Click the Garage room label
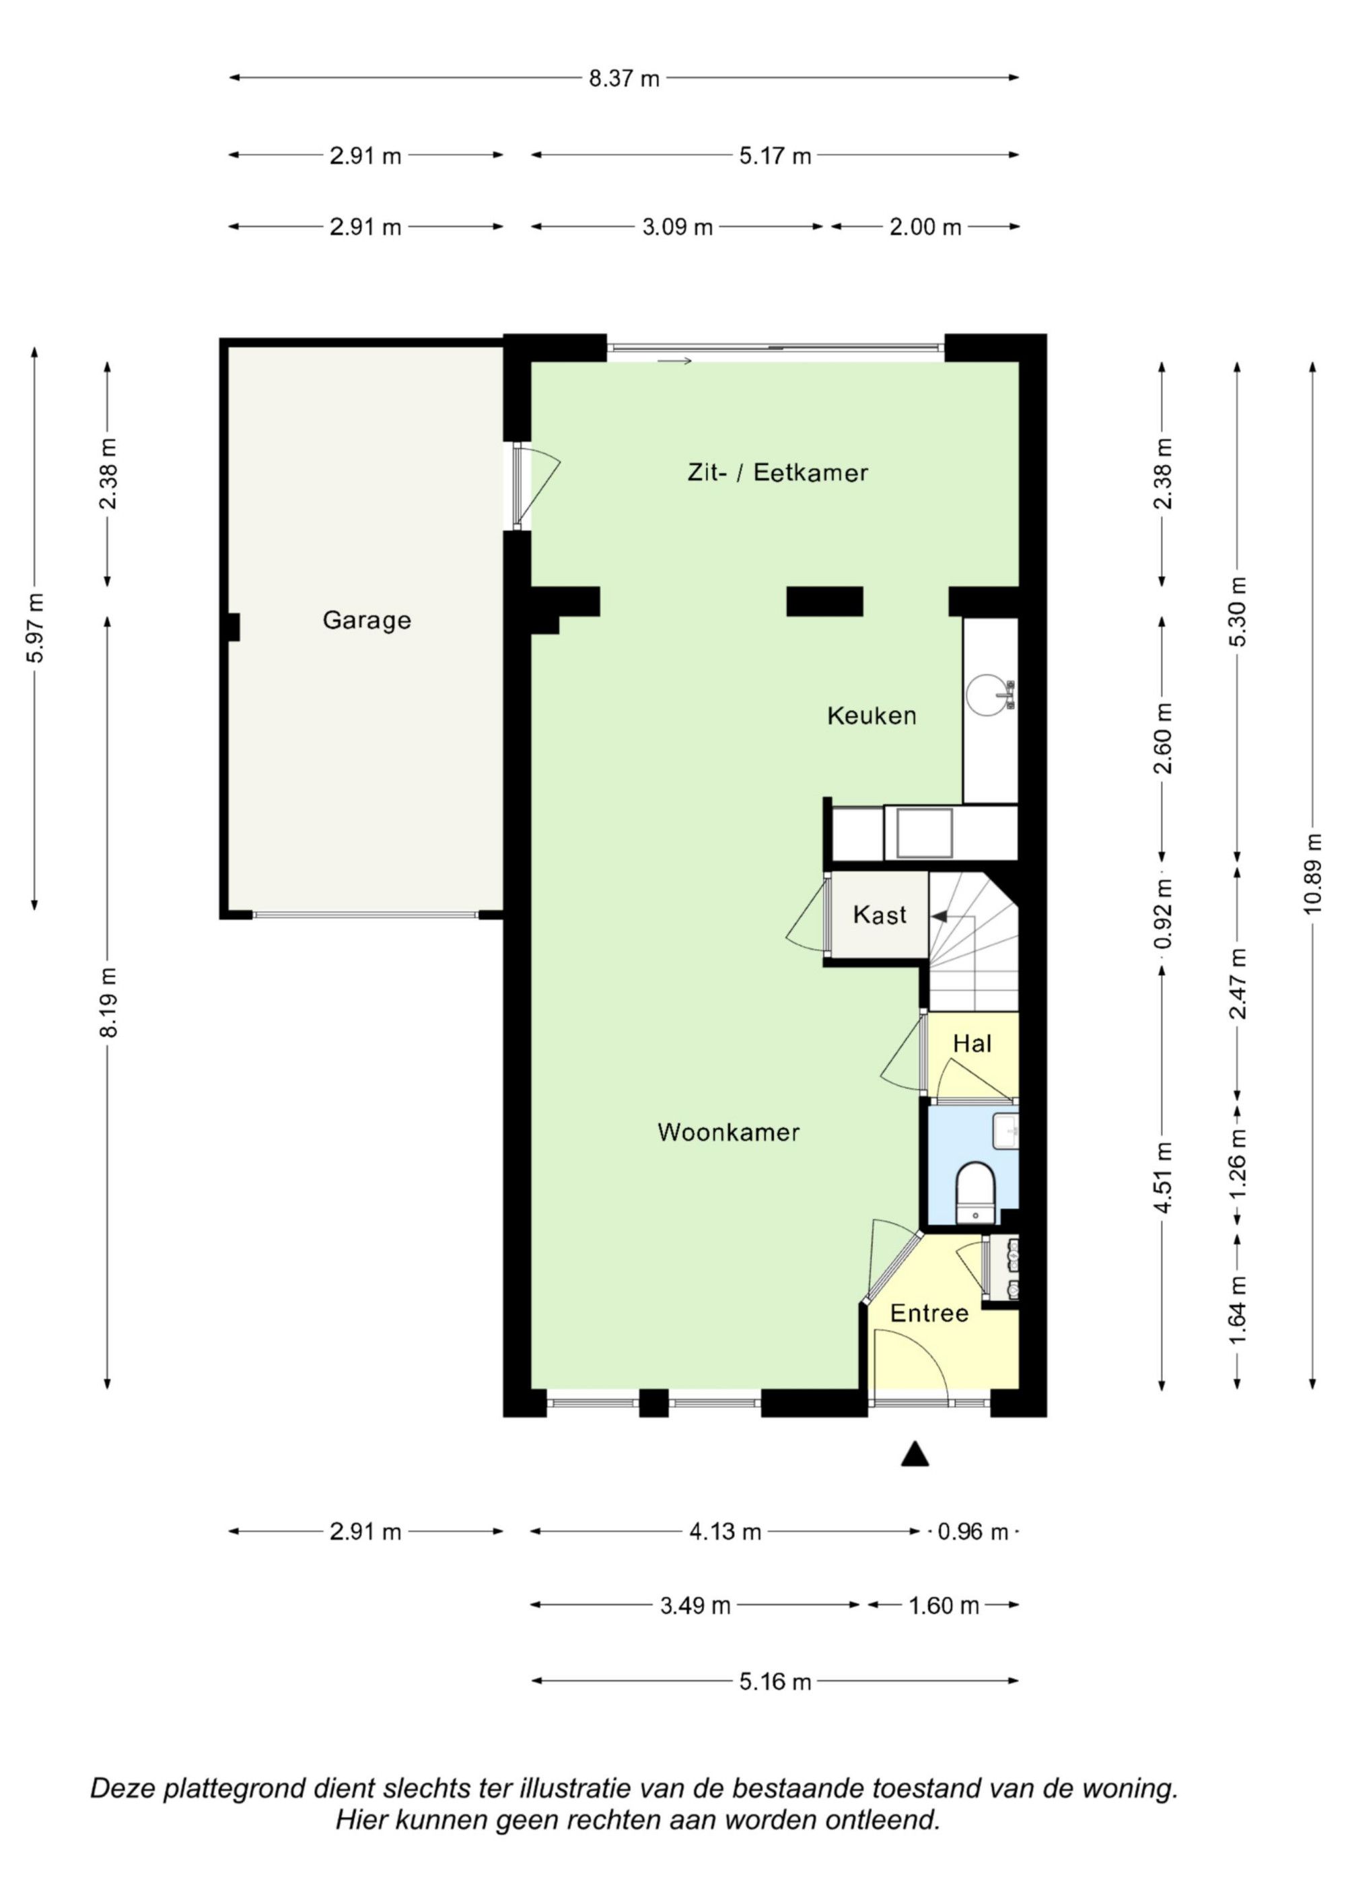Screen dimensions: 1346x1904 tap(367, 621)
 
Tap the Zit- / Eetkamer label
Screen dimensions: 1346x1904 tap(777, 472)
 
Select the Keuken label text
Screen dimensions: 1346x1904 tap(872, 715)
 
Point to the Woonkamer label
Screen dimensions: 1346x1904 tap(728, 1133)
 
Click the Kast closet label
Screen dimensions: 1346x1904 tap(879, 915)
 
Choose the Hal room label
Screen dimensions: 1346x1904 tap(972, 1043)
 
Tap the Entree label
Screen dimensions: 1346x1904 tap(929, 1314)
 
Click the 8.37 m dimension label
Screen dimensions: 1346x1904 tap(624, 79)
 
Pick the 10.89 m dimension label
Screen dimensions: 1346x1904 tap(1311, 873)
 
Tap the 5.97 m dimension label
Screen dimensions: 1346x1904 tap(35, 628)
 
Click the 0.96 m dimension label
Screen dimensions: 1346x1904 tap(972, 1532)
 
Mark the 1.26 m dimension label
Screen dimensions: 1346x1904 tap(1238, 1164)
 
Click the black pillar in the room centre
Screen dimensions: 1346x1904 tap(824, 601)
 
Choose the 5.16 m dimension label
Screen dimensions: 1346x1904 tap(775, 1683)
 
